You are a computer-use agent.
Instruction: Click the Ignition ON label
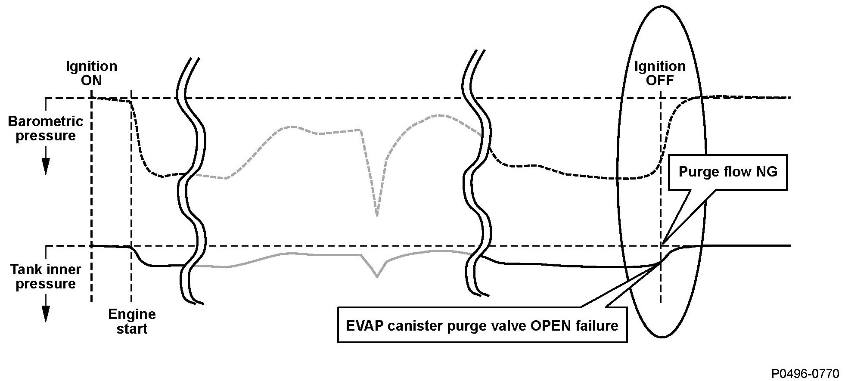pyautogui.click(x=91, y=73)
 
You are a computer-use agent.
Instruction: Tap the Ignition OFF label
pyautogui.click(x=660, y=73)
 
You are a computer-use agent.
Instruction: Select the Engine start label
pyautogui.click(x=132, y=321)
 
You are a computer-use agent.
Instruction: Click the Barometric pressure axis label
pyautogui.click(x=45, y=128)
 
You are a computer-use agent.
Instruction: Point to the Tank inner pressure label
pyautogui.click(x=45, y=276)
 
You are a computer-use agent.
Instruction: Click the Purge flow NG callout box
pyautogui.click(x=728, y=172)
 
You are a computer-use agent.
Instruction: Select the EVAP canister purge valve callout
pyautogui.click(x=482, y=325)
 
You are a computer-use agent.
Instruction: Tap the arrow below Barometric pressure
pyautogui.click(x=45, y=166)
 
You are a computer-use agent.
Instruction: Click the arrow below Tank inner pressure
pyautogui.click(x=45, y=313)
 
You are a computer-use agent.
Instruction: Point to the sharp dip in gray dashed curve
pyautogui.click(x=377, y=214)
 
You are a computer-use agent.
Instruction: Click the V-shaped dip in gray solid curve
pyautogui.click(x=377, y=276)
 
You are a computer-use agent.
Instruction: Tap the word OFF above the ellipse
pyautogui.click(x=660, y=81)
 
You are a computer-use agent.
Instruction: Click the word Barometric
pyautogui.click(x=45, y=121)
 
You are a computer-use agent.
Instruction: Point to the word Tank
pyautogui.click(x=25, y=269)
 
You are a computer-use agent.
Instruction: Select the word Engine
pyautogui.click(x=132, y=314)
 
